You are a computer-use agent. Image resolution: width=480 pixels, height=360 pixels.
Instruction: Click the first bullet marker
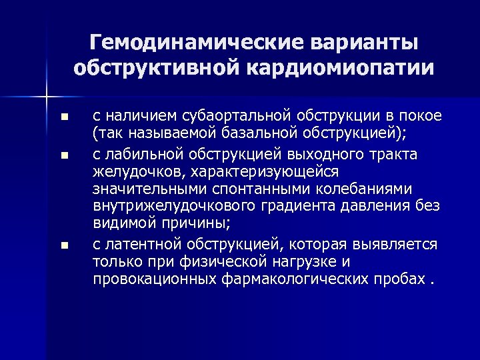point(63,117)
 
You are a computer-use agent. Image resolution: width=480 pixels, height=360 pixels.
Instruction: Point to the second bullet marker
point(63,156)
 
